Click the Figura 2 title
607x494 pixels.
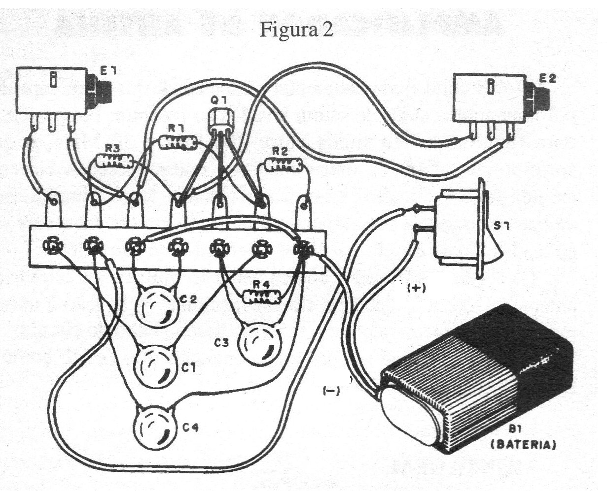(x=296, y=30)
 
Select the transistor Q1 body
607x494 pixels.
(x=219, y=121)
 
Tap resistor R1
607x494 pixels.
(x=178, y=143)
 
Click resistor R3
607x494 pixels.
(x=114, y=161)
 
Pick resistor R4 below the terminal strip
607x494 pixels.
(x=262, y=296)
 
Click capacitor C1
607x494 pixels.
(x=155, y=365)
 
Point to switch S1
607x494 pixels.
(x=466, y=229)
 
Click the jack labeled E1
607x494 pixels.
(x=54, y=92)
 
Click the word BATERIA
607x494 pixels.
(x=525, y=446)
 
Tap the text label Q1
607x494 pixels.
(x=217, y=100)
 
